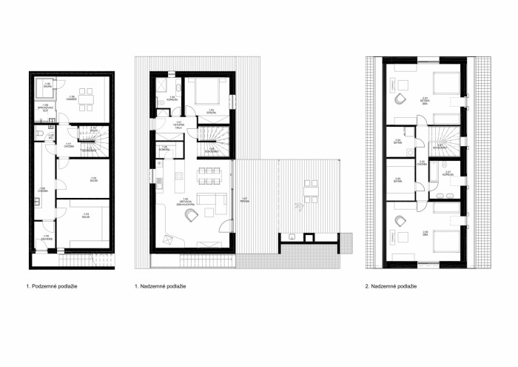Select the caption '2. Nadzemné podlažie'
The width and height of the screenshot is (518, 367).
coord(391,285)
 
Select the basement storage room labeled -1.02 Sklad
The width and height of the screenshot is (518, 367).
coord(92,179)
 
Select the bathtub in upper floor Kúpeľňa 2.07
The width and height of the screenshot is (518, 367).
coord(442,194)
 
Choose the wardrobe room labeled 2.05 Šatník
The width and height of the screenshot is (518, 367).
coord(399,179)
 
